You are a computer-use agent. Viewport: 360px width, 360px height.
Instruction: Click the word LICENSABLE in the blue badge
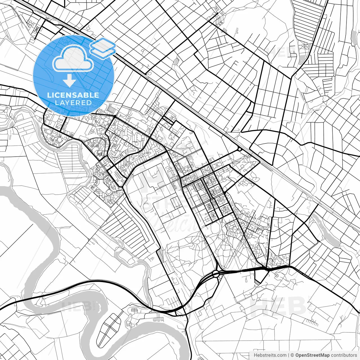(73, 95)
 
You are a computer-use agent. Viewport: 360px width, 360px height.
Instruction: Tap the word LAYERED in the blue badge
(73, 103)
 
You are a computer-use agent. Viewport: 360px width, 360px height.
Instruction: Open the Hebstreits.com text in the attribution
(270, 355)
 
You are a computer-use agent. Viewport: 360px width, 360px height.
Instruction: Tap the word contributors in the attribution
(344, 355)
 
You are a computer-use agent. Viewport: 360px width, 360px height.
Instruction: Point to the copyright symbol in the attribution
(292, 355)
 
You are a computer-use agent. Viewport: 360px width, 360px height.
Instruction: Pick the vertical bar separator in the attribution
(289, 355)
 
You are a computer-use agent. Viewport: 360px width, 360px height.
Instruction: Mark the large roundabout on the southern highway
(216, 274)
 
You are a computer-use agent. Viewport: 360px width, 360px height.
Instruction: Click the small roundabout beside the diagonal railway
(239, 149)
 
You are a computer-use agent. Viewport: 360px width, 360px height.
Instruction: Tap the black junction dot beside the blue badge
(115, 116)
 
